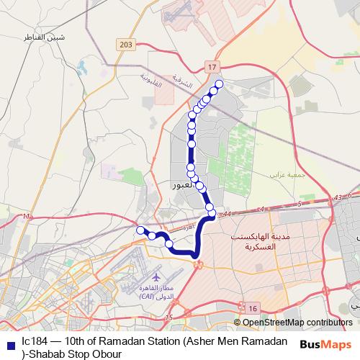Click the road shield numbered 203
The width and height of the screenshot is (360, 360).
(127, 45)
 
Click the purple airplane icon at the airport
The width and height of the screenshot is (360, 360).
(156, 276)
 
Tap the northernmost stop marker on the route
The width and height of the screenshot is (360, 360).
(219, 84)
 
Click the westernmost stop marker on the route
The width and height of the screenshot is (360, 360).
(140, 230)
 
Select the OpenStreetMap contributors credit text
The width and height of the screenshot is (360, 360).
(297, 323)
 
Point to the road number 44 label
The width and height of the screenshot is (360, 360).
(227, 214)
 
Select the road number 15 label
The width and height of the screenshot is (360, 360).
(168, 318)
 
